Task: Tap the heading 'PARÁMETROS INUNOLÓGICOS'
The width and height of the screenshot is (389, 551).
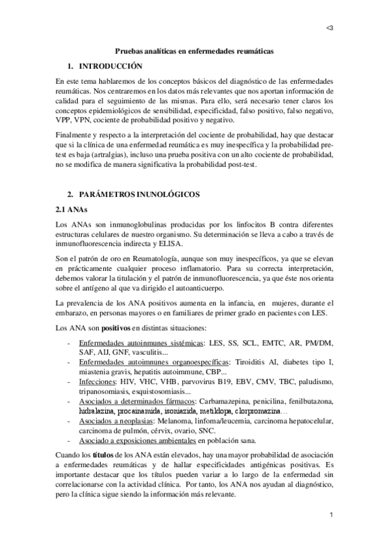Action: tap(139, 194)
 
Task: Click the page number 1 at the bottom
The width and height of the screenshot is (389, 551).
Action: tap(331, 515)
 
